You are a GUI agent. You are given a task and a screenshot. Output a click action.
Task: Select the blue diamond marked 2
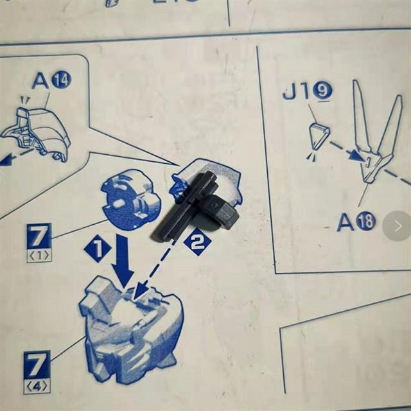pos(197,242)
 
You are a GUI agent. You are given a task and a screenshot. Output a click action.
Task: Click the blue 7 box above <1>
pos(39,236)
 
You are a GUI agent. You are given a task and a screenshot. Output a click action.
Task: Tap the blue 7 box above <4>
pos(37,365)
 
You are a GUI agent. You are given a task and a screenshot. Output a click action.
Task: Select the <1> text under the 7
pos(39,256)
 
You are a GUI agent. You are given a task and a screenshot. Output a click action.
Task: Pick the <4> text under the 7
pos(37,386)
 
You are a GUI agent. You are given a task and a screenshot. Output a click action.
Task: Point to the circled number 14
pos(62,80)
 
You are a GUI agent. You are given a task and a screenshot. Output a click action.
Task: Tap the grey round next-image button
pos(397,226)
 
